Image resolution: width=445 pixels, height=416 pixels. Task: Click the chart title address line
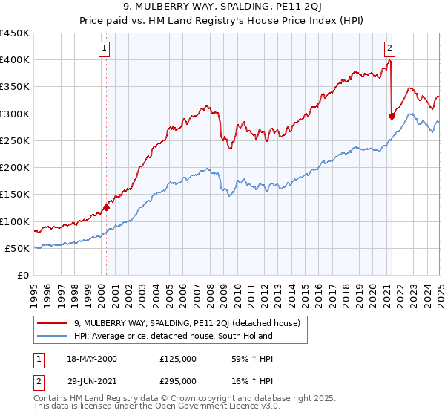222,8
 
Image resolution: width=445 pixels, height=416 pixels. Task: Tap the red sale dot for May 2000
106,208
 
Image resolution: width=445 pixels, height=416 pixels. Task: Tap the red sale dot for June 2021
392,116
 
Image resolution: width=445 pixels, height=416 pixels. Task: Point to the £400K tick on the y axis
15,60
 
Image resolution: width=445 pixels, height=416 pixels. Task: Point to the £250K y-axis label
15,140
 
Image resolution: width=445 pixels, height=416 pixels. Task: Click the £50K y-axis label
18,248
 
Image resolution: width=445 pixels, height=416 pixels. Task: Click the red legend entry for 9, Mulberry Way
186,323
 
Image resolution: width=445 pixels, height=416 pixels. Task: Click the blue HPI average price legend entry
173,336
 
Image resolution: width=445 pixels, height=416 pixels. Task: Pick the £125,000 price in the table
177,359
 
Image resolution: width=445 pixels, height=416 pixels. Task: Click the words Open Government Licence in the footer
212,408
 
